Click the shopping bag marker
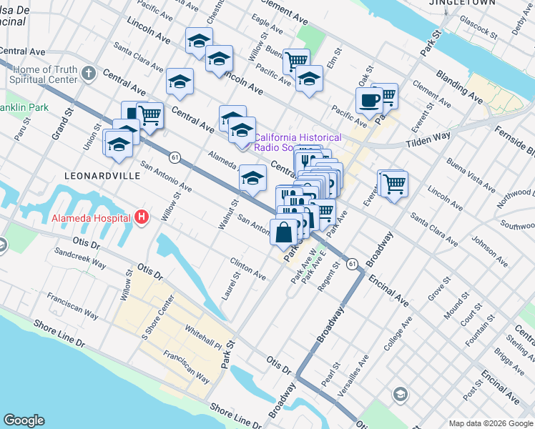coord(284,232)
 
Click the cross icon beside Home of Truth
coord(88,73)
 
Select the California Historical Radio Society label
coord(298,142)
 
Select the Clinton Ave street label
coord(247,270)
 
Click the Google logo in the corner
coord(24,420)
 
